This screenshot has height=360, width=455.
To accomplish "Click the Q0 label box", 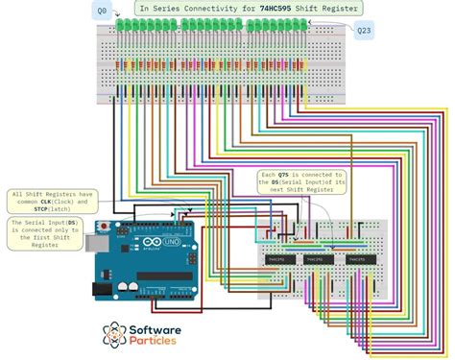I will [101, 10].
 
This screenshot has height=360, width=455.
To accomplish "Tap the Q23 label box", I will [365, 32].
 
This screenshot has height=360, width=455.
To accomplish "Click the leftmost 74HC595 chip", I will [278, 259].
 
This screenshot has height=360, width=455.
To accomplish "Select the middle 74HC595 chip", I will [314, 259].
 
